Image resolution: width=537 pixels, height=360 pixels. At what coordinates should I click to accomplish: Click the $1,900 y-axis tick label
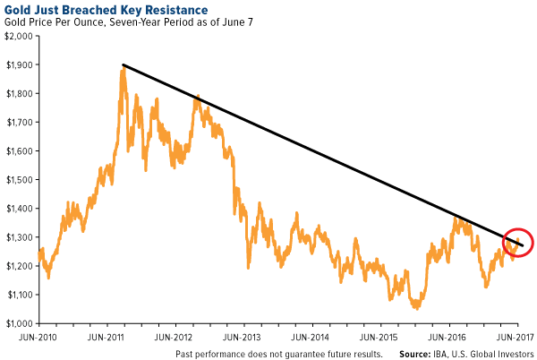coord(19,65)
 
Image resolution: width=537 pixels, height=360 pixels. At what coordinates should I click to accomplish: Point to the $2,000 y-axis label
coord(19,37)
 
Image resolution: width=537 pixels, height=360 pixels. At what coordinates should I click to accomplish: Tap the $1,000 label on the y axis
coord(19,323)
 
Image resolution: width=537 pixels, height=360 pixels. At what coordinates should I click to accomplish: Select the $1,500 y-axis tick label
coord(19,180)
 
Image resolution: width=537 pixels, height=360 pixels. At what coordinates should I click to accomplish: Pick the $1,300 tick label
coord(19,237)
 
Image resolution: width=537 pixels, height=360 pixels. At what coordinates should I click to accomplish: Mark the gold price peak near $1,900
coord(122,69)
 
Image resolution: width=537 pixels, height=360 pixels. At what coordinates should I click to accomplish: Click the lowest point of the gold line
coord(415,308)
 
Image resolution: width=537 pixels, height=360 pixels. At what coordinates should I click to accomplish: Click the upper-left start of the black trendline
coord(124,64)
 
